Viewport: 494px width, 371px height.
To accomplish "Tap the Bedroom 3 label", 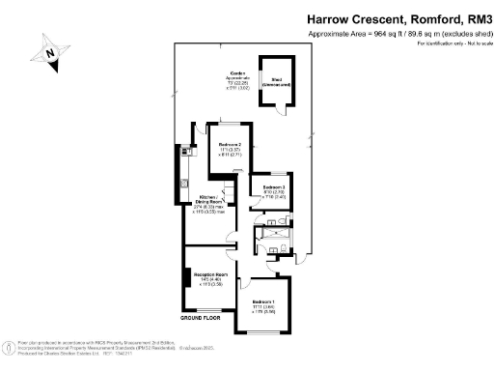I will (x=274, y=186).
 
